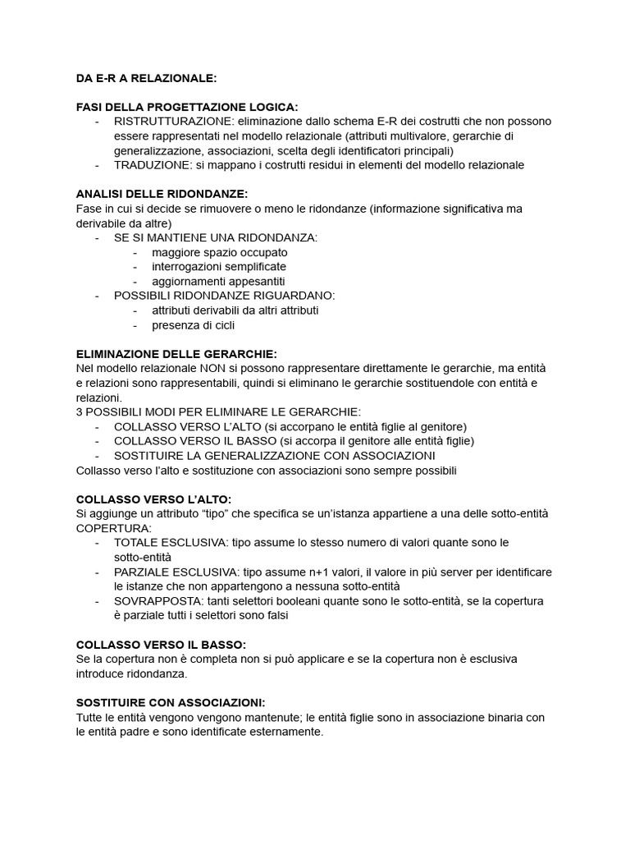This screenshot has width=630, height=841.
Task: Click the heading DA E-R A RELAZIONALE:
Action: coord(146,78)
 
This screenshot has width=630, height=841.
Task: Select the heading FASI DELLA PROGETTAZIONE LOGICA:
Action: coord(187,107)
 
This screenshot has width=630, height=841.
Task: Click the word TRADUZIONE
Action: coord(151,165)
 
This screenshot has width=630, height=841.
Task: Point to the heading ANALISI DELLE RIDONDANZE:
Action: coord(161,194)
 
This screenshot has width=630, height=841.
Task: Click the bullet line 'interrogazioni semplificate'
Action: coord(219,267)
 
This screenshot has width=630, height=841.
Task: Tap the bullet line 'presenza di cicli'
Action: coord(193,325)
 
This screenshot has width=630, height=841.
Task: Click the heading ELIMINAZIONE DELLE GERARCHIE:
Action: coord(176,354)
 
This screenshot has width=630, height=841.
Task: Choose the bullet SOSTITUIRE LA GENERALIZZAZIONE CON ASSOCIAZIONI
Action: coord(274,455)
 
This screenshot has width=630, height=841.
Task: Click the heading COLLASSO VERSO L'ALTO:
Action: coord(153,499)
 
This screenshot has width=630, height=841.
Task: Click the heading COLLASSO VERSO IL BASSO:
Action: coord(161,644)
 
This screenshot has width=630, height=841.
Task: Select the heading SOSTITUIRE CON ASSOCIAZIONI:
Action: coord(171,702)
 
